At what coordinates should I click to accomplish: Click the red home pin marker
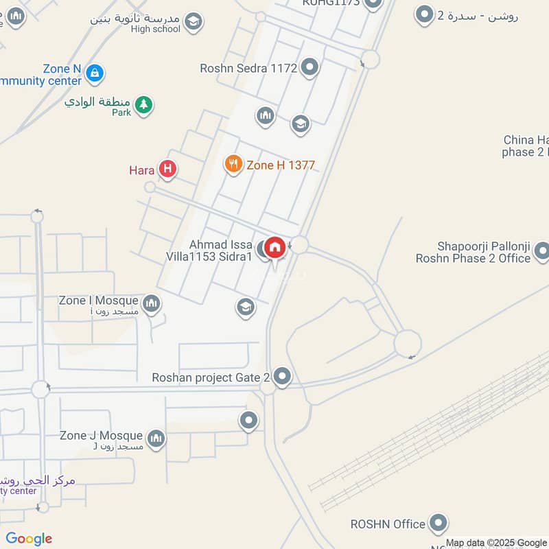coord(274,247)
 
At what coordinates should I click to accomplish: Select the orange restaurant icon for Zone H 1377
coord(233,164)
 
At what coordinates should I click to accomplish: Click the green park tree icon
coord(143,104)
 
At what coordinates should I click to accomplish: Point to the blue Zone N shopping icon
coord(95,71)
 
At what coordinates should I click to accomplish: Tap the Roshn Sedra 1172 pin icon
coord(310,67)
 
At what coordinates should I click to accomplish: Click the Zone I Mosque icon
coord(152,302)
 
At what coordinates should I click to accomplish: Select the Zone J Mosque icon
coord(156,437)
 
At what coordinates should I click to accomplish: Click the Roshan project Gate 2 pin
coord(282,376)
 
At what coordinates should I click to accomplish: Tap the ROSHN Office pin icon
coord(438,524)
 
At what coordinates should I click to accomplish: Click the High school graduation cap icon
coord(194,22)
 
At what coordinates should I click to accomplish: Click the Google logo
coord(29,539)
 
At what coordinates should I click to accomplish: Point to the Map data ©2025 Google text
coord(496,542)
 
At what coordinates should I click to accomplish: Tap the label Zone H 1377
coord(281,165)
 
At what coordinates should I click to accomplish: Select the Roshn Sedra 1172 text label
coord(248,68)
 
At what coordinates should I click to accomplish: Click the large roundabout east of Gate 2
coord(408,343)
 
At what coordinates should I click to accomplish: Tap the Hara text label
coord(142,170)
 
